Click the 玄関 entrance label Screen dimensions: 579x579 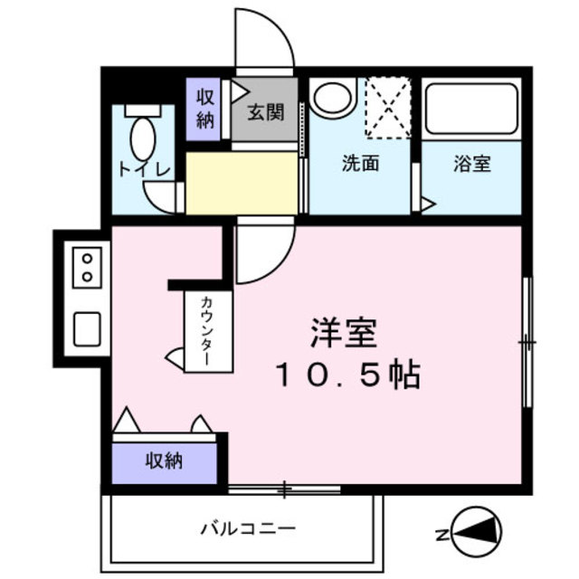[266, 113]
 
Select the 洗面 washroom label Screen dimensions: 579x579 [359, 165]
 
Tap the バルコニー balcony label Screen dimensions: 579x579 [248, 527]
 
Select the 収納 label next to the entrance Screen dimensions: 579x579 [205, 109]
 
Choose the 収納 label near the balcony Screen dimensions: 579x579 [165, 460]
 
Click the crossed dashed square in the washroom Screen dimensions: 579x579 [387, 108]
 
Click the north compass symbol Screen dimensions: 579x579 [473, 534]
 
